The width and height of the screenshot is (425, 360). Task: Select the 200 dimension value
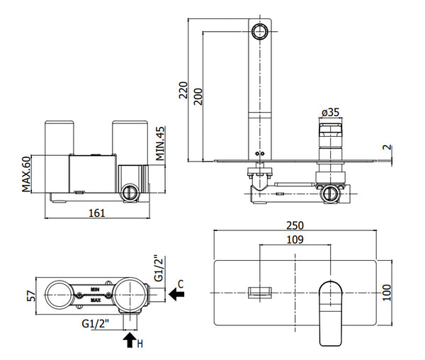click(198, 97)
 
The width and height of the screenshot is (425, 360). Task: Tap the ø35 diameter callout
click(330, 112)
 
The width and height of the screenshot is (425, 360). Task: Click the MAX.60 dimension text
click(26, 174)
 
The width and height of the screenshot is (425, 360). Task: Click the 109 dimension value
click(296, 241)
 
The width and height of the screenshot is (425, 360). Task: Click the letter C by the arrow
click(181, 283)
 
